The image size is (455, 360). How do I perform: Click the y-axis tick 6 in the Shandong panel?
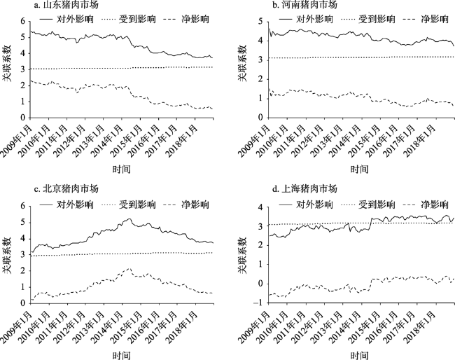(x=23, y=20)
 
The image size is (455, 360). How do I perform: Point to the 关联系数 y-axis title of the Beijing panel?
(x=7, y=254)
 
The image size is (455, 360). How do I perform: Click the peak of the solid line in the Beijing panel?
(x=128, y=219)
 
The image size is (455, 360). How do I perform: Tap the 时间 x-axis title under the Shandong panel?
(x=120, y=169)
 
